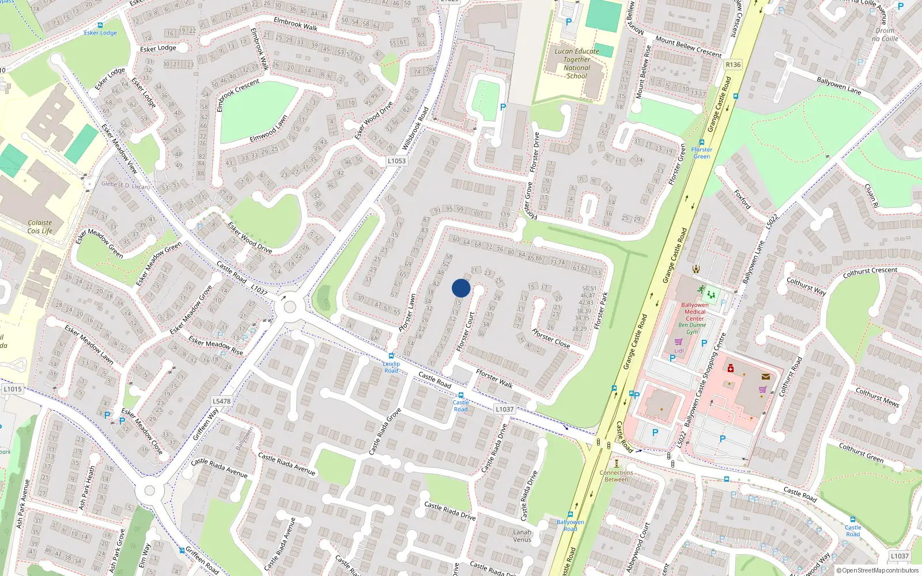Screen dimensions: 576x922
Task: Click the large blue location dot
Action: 461,288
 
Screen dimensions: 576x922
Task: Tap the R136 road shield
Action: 733,65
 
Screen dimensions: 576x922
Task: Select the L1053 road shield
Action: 396,161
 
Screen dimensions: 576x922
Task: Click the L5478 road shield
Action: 221,401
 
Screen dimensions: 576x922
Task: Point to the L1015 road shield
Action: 13,389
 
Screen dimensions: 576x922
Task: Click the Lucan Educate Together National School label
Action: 577,63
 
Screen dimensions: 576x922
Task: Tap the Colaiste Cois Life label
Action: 40,226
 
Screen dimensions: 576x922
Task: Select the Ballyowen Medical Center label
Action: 695,312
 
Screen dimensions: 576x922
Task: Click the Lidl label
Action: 679,350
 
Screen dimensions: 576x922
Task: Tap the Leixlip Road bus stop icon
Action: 391,356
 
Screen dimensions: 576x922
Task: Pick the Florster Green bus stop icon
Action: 701,142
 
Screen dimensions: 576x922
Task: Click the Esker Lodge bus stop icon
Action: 100,25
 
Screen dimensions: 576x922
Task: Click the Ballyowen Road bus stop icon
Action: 570,514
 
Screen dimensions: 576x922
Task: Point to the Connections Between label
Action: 616,476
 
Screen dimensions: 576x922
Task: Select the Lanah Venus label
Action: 522,536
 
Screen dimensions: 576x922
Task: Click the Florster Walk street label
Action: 494,378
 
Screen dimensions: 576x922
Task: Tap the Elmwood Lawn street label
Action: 269,130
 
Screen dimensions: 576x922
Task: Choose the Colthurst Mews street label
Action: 877,397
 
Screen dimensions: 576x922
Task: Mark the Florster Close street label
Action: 551,338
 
